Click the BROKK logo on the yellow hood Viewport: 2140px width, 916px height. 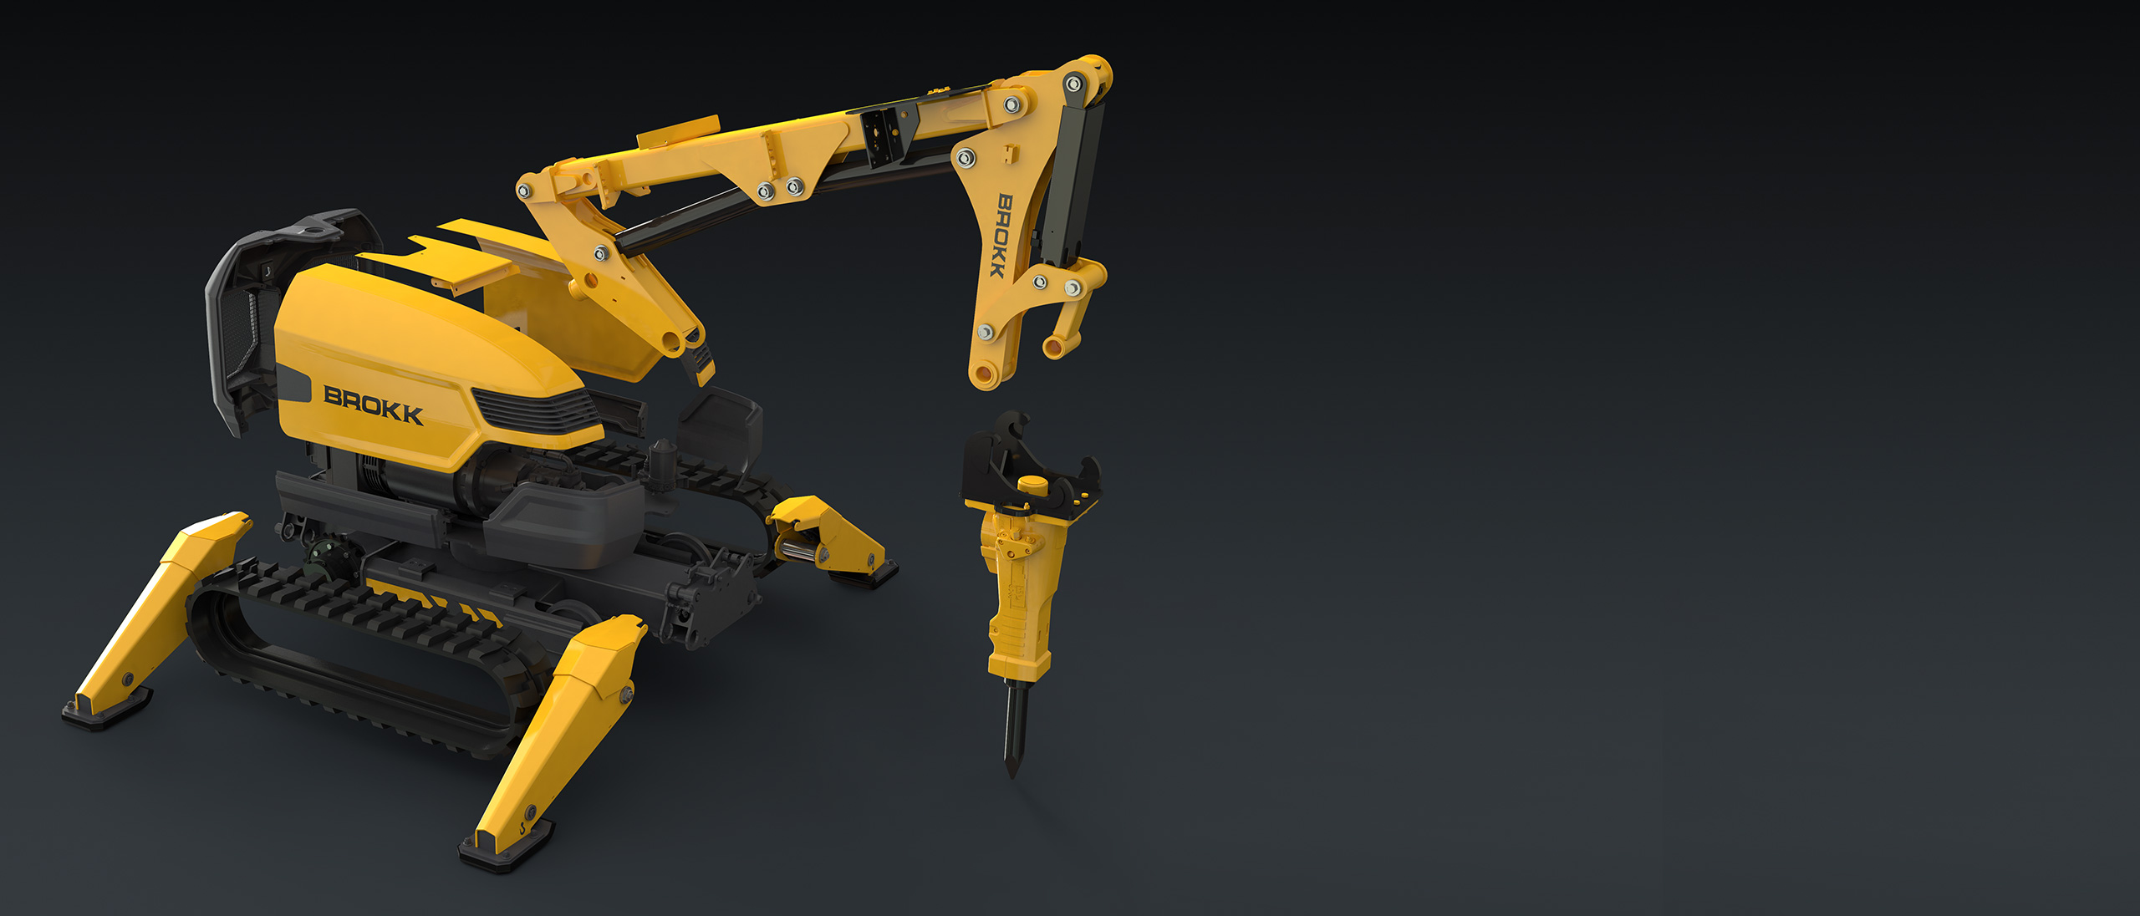[x=373, y=405]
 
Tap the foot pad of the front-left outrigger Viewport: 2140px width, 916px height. [x=106, y=712]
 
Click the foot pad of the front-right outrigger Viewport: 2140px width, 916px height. [x=505, y=849]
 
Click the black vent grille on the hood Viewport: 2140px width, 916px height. [x=535, y=410]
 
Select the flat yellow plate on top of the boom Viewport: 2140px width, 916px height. [x=678, y=132]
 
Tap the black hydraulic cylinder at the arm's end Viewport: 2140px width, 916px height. [x=1073, y=180]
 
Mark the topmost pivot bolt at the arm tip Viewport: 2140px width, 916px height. [x=1073, y=84]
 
